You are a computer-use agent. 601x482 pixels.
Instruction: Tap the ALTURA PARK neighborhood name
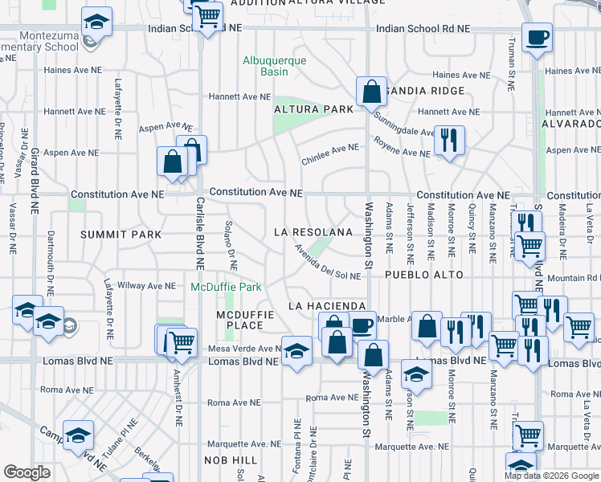point(313,108)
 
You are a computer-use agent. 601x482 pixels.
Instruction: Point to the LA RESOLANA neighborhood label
point(313,232)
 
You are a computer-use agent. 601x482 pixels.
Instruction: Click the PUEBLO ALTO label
point(423,275)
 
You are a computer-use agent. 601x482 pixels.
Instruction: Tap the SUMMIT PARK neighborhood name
point(121,235)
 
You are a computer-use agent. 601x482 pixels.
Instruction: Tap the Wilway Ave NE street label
point(146,285)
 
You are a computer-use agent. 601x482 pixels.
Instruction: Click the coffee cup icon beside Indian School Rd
point(537,38)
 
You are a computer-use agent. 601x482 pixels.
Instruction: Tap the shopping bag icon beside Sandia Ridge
point(371,92)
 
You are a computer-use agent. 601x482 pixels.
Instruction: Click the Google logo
point(27,472)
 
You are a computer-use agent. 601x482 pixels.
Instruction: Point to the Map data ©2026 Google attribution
point(551,476)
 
